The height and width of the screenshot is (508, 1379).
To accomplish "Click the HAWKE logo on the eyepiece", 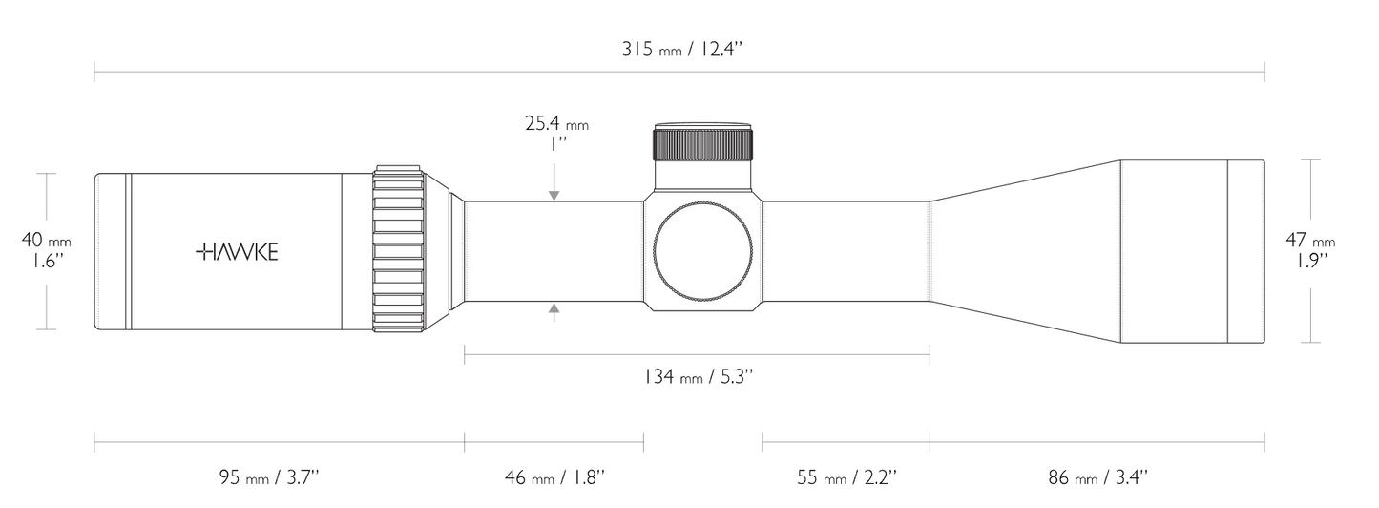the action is pos(237,252).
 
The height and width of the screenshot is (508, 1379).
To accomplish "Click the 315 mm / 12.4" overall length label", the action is pos(682,50).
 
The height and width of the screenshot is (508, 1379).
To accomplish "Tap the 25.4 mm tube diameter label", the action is pos(557,124).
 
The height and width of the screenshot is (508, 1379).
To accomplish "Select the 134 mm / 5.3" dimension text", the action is pos(699,376).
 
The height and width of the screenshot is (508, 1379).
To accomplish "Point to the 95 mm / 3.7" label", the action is pos(270,477).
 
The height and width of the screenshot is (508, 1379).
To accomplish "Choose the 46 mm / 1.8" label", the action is pos(555,477).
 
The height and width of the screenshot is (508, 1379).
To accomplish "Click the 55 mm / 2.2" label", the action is pos(847,477).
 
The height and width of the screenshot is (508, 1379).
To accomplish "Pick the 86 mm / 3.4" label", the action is pos(1098,477).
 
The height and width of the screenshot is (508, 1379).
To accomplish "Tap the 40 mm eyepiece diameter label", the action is pos(47,240).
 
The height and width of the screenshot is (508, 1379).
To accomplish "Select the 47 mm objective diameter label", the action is pos(1310,240).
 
